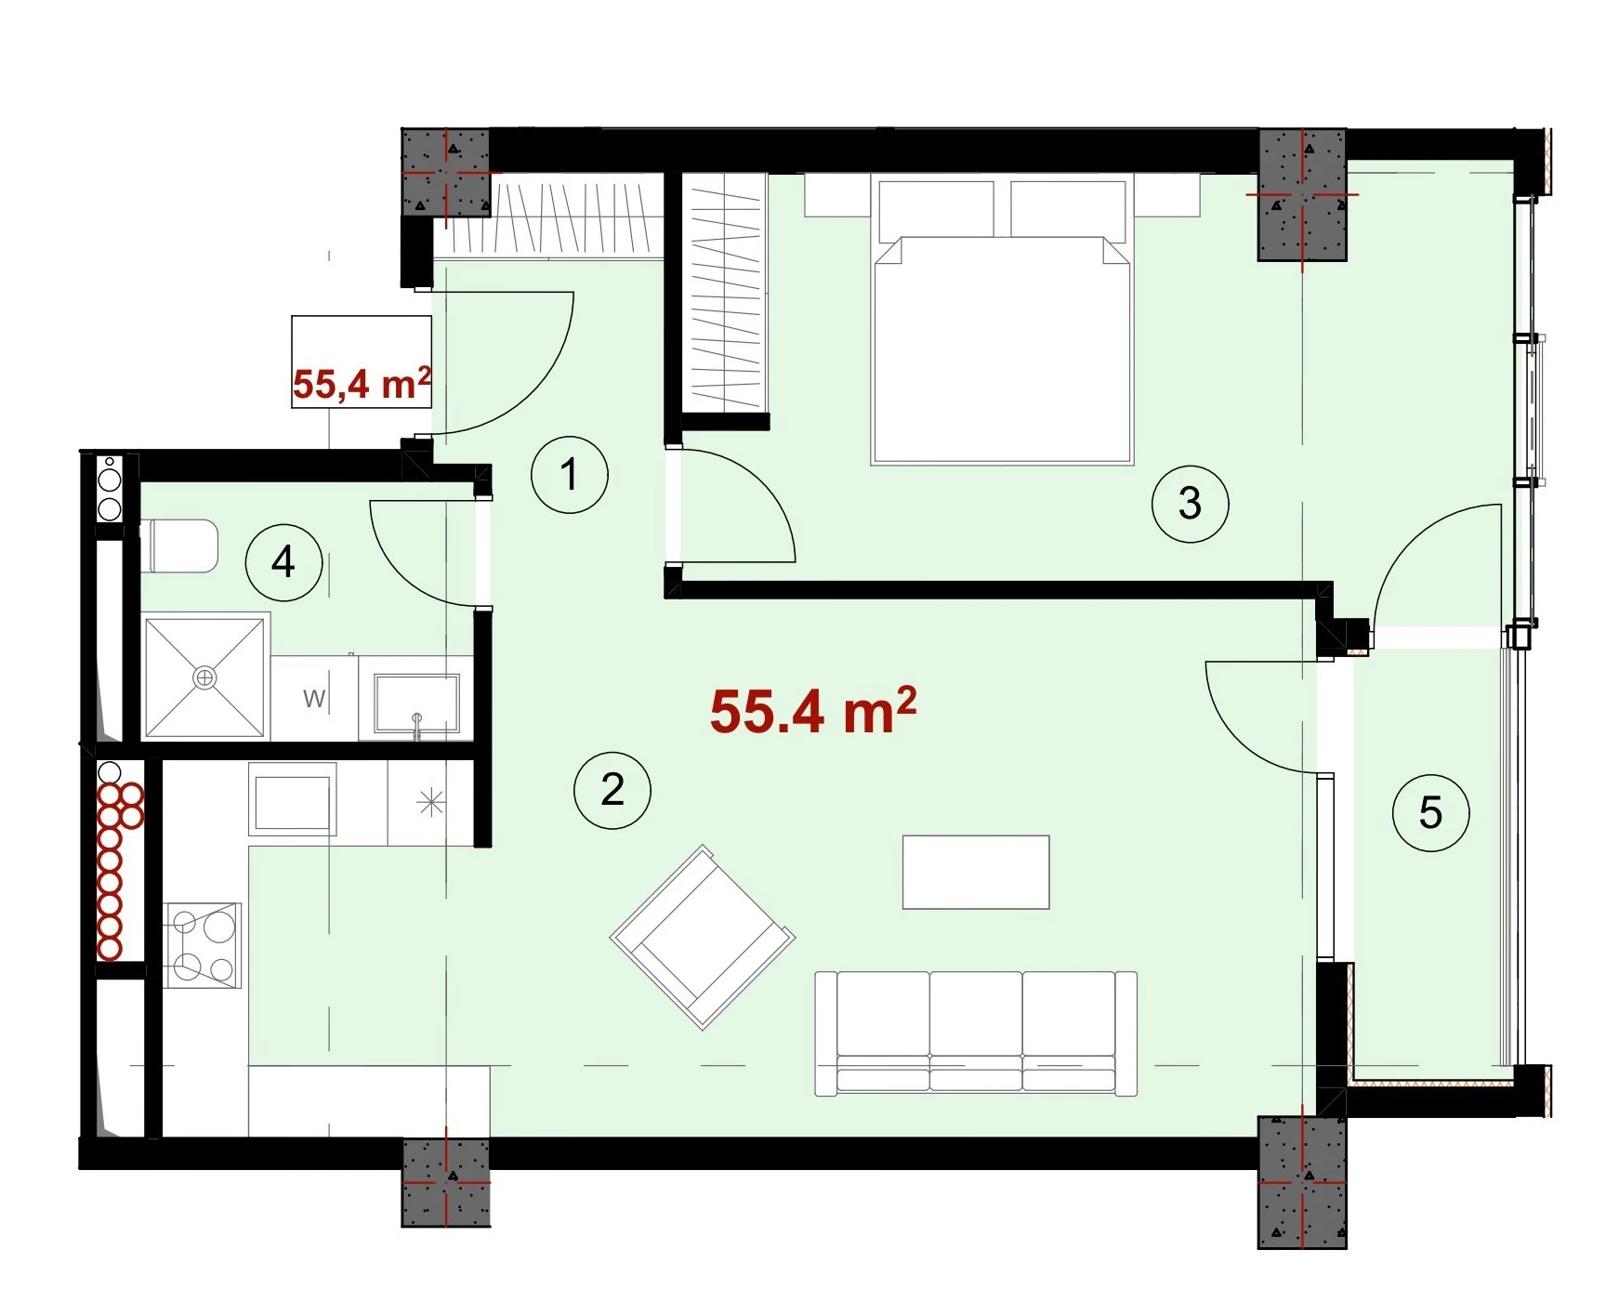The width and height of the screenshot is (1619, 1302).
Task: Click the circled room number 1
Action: pos(570,475)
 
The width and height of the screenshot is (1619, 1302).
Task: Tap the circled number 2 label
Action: pos(612,790)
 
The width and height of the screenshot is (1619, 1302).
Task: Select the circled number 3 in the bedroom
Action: pos(1190,504)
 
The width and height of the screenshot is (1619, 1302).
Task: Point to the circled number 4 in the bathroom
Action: pos(283,562)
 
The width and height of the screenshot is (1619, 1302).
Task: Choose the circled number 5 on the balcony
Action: pos(1430,813)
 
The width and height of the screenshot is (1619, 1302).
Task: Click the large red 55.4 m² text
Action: pos(813,712)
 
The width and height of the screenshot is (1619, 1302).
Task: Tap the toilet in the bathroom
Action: pos(183,546)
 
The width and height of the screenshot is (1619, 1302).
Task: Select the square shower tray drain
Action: pos(204,677)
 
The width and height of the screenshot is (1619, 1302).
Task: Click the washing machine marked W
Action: pos(314,698)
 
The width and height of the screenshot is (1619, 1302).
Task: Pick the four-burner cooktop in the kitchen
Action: pos(203,945)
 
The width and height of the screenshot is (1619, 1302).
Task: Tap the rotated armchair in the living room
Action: pos(703,937)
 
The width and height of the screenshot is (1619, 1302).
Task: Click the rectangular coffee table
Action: pos(976,872)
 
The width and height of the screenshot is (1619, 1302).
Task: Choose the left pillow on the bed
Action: pos(936,209)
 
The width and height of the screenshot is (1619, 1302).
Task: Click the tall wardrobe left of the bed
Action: pos(724,293)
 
